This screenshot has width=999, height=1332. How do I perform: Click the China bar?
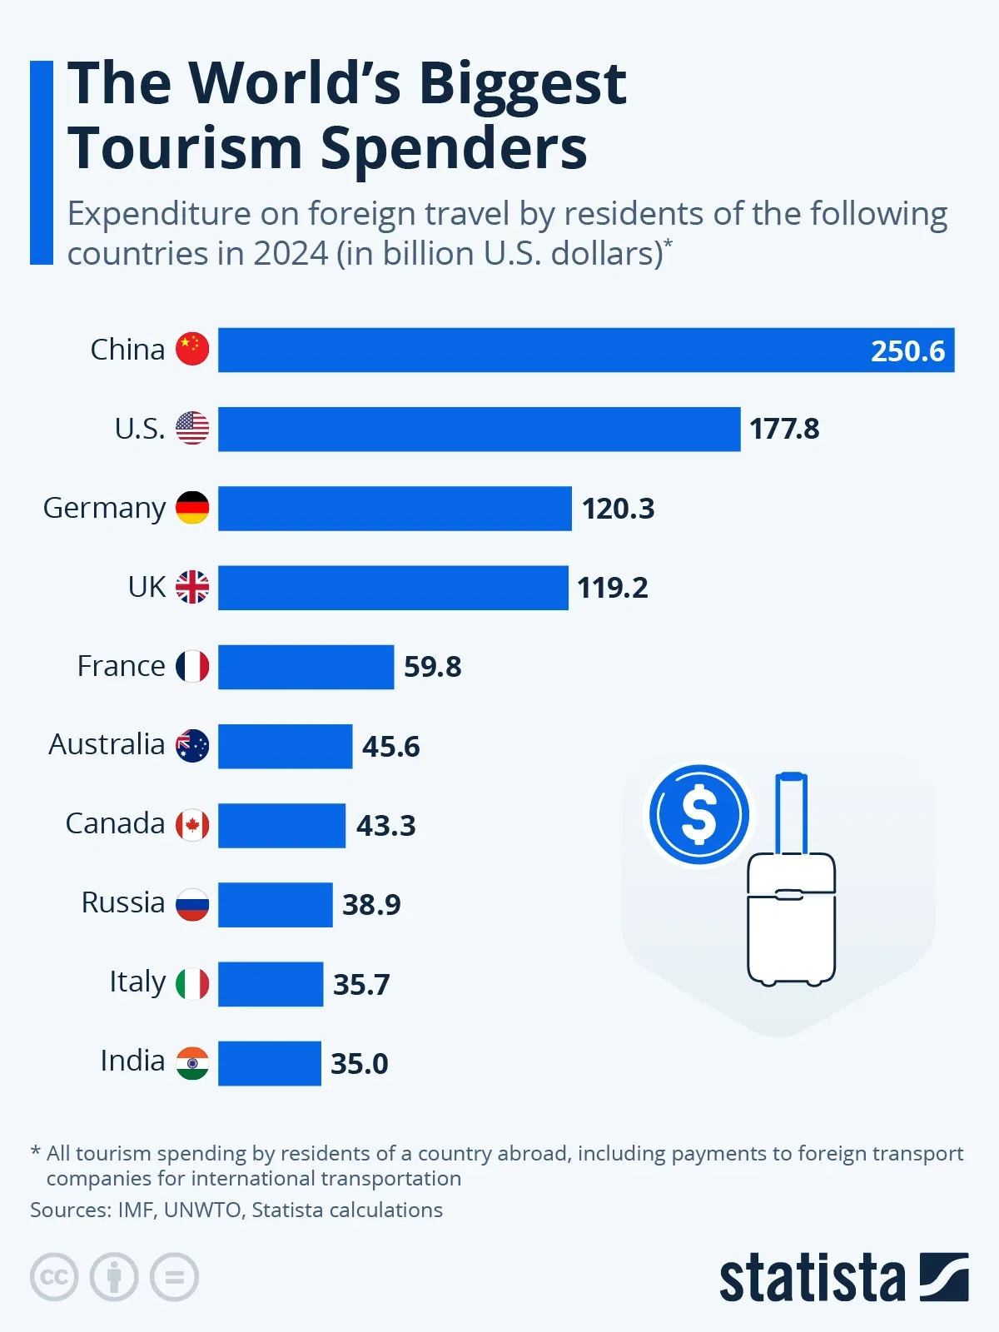pos(541,350)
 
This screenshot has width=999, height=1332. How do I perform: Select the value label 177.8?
pos(784,429)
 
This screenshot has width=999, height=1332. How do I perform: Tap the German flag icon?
pos(192,508)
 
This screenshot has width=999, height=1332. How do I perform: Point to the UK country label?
pos(147,587)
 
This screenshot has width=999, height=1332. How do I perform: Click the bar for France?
pos(306,667)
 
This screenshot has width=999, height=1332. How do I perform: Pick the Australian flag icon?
pos(192,746)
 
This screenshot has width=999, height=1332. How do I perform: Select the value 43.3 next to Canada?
pos(385,825)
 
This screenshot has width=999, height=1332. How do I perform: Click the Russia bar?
pos(275,905)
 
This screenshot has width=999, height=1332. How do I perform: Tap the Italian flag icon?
pos(192,984)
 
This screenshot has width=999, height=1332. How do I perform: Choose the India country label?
pos(132,1061)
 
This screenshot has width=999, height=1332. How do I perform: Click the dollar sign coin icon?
pos(699,815)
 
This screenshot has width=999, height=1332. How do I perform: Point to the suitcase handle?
pos(791,812)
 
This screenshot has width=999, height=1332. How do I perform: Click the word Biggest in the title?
pos(522,83)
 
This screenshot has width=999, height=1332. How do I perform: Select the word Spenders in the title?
pos(454,148)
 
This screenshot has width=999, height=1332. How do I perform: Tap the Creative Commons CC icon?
pos(54,1276)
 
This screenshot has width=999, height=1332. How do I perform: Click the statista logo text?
pos(812,1278)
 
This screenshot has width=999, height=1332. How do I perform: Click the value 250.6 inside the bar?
pos(907,350)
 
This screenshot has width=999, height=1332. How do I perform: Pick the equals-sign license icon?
pos(175,1276)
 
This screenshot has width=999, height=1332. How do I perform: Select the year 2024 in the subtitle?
pos(291,253)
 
